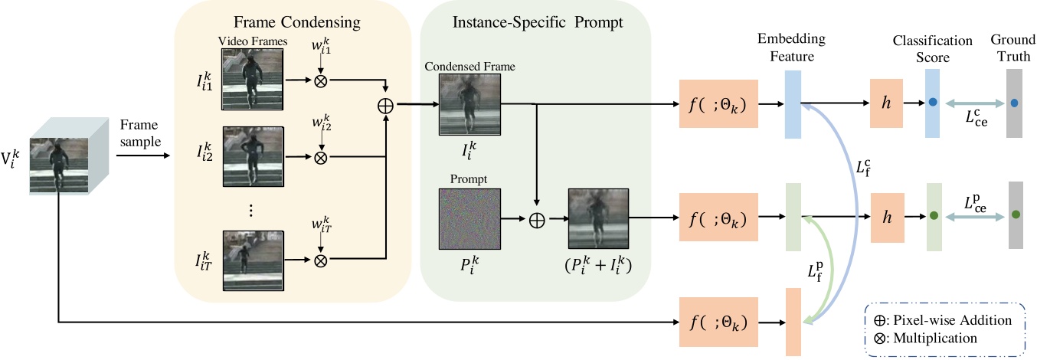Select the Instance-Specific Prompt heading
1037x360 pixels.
[535, 24]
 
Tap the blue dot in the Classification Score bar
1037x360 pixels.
[932, 103]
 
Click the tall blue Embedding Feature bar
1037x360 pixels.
[792, 103]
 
